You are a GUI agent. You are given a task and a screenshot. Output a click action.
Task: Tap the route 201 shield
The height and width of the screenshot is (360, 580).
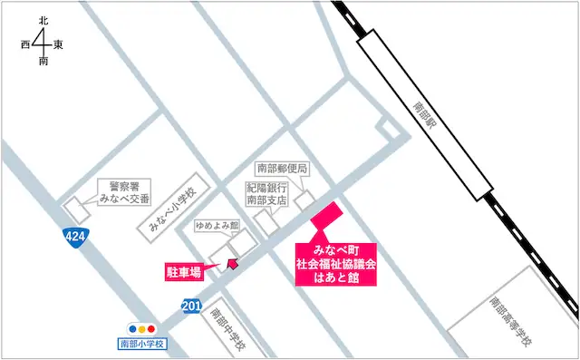click(x=190, y=306)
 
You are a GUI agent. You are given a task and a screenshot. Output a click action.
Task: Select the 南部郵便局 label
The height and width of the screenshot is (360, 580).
click(x=283, y=168)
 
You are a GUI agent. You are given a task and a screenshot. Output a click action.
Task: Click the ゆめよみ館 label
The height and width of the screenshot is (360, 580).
click(x=216, y=224)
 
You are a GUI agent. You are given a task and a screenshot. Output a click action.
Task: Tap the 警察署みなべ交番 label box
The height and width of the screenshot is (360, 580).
click(x=125, y=191)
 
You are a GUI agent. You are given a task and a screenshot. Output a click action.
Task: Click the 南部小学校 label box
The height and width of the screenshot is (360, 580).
click(x=144, y=345)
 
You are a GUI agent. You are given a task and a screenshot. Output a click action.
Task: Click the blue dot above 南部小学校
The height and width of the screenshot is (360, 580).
click(x=133, y=328)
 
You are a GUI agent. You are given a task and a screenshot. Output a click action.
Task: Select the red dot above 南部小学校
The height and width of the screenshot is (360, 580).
click(x=153, y=328)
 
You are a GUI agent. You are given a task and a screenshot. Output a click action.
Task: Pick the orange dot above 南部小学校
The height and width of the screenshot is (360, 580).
click(x=143, y=328)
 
